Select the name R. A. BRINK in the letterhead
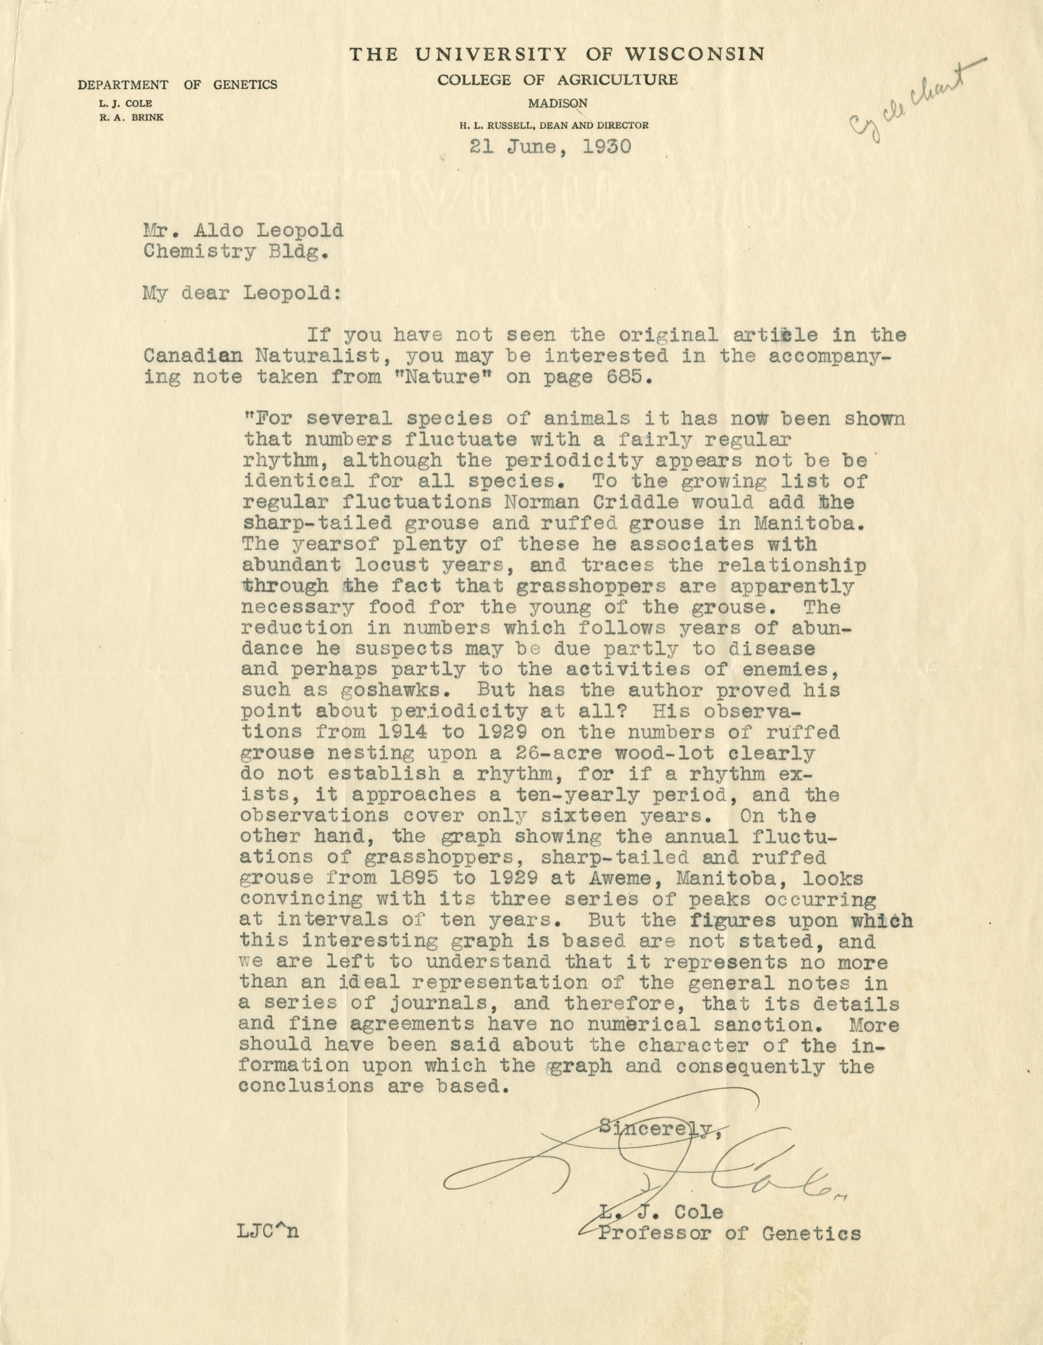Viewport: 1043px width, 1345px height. pyautogui.click(x=133, y=117)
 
